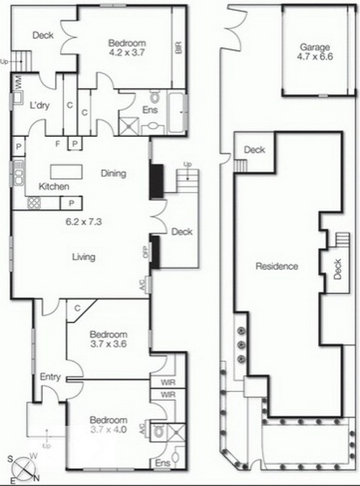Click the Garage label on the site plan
pyautogui.click(x=315, y=48)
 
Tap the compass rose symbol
pyautogui.click(x=24, y=469)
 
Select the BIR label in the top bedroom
pyautogui.click(x=178, y=48)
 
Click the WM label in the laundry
pyautogui.click(x=18, y=83)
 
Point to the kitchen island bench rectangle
pyautogui.click(x=66, y=172)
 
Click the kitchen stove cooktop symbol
pyautogui.click(x=34, y=203)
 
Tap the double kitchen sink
pyautogui.click(x=19, y=173)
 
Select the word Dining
pyautogui.click(x=114, y=173)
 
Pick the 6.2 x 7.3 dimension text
pyautogui.click(x=84, y=222)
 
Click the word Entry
pyautogui.click(x=50, y=377)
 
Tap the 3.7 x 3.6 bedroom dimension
pyautogui.click(x=109, y=343)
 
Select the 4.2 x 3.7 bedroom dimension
pyautogui.click(x=127, y=52)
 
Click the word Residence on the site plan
pyautogui.click(x=276, y=266)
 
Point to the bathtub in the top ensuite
pyautogui.click(x=178, y=112)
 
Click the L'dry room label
pyautogui.click(x=40, y=105)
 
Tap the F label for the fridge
pyautogui.click(x=58, y=143)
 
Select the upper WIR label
pyautogui.click(x=168, y=382)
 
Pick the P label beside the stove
pyautogui.click(x=71, y=203)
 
